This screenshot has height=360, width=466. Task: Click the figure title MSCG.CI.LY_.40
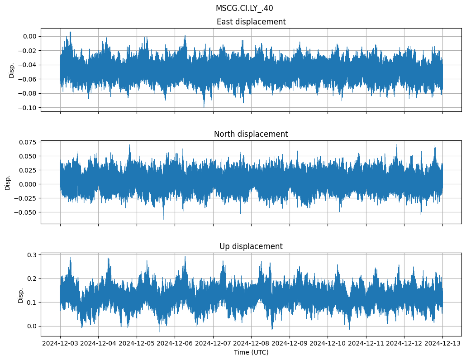click(244, 8)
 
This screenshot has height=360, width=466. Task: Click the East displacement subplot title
click(251, 22)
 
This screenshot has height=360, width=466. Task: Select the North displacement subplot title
click(251, 134)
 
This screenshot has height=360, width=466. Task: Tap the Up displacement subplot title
click(251, 246)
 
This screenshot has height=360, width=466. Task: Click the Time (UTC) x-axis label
click(251, 352)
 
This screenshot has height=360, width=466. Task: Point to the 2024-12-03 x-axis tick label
click(60, 344)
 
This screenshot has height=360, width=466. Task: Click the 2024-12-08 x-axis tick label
click(252, 344)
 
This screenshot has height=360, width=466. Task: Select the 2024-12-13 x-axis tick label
click(442, 344)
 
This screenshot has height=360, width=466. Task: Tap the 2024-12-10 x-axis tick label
click(328, 344)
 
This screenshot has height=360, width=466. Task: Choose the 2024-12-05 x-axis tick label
click(137, 344)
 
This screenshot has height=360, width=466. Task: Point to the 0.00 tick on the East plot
click(30, 36)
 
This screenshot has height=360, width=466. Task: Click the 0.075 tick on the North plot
click(28, 142)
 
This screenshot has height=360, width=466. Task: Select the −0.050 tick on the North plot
click(26, 212)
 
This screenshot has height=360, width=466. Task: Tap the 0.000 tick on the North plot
click(28, 184)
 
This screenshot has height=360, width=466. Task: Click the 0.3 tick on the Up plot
click(32, 255)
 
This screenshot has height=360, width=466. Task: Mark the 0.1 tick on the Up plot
click(32, 302)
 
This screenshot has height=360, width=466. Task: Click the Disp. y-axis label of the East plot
click(12, 70)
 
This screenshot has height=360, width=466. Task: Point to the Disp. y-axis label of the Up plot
click(21, 295)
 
